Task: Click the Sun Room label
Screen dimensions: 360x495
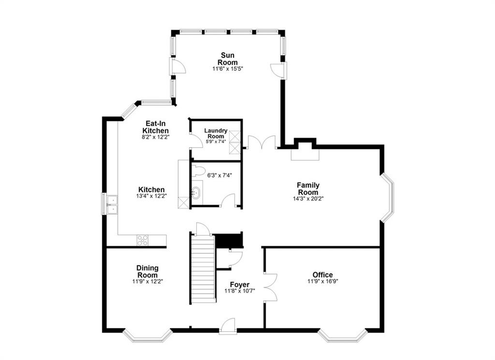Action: pyautogui.click(x=227, y=59)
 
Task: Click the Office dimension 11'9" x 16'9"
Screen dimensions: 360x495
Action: pyautogui.click(x=322, y=282)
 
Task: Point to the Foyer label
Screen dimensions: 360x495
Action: pyautogui.click(x=240, y=285)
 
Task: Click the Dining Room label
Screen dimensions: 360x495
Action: pyautogui.click(x=147, y=271)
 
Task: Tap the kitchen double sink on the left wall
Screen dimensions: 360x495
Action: pyautogui.click(x=111, y=204)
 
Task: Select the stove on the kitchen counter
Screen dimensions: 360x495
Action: pyautogui.click(x=143, y=240)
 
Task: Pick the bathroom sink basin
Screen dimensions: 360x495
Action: pyautogui.click(x=197, y=194)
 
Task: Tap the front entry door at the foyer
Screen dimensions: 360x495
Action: pyautogui.click(x=227, y=328)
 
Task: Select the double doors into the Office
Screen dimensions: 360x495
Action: pyautogui.click(x=270, y=288)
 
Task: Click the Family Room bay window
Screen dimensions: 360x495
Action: pyautogui.click(x=388, y=198)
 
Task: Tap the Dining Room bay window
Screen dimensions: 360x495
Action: pyautogui.click(x=147, y=335)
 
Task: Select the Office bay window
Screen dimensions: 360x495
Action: pyautogui.click(x=343, y=335)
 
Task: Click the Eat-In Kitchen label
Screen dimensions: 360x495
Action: pyautogui.click(x=155, y=127)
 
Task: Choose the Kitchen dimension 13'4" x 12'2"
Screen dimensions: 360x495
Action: pyautogui.click(x=151, y=196)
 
